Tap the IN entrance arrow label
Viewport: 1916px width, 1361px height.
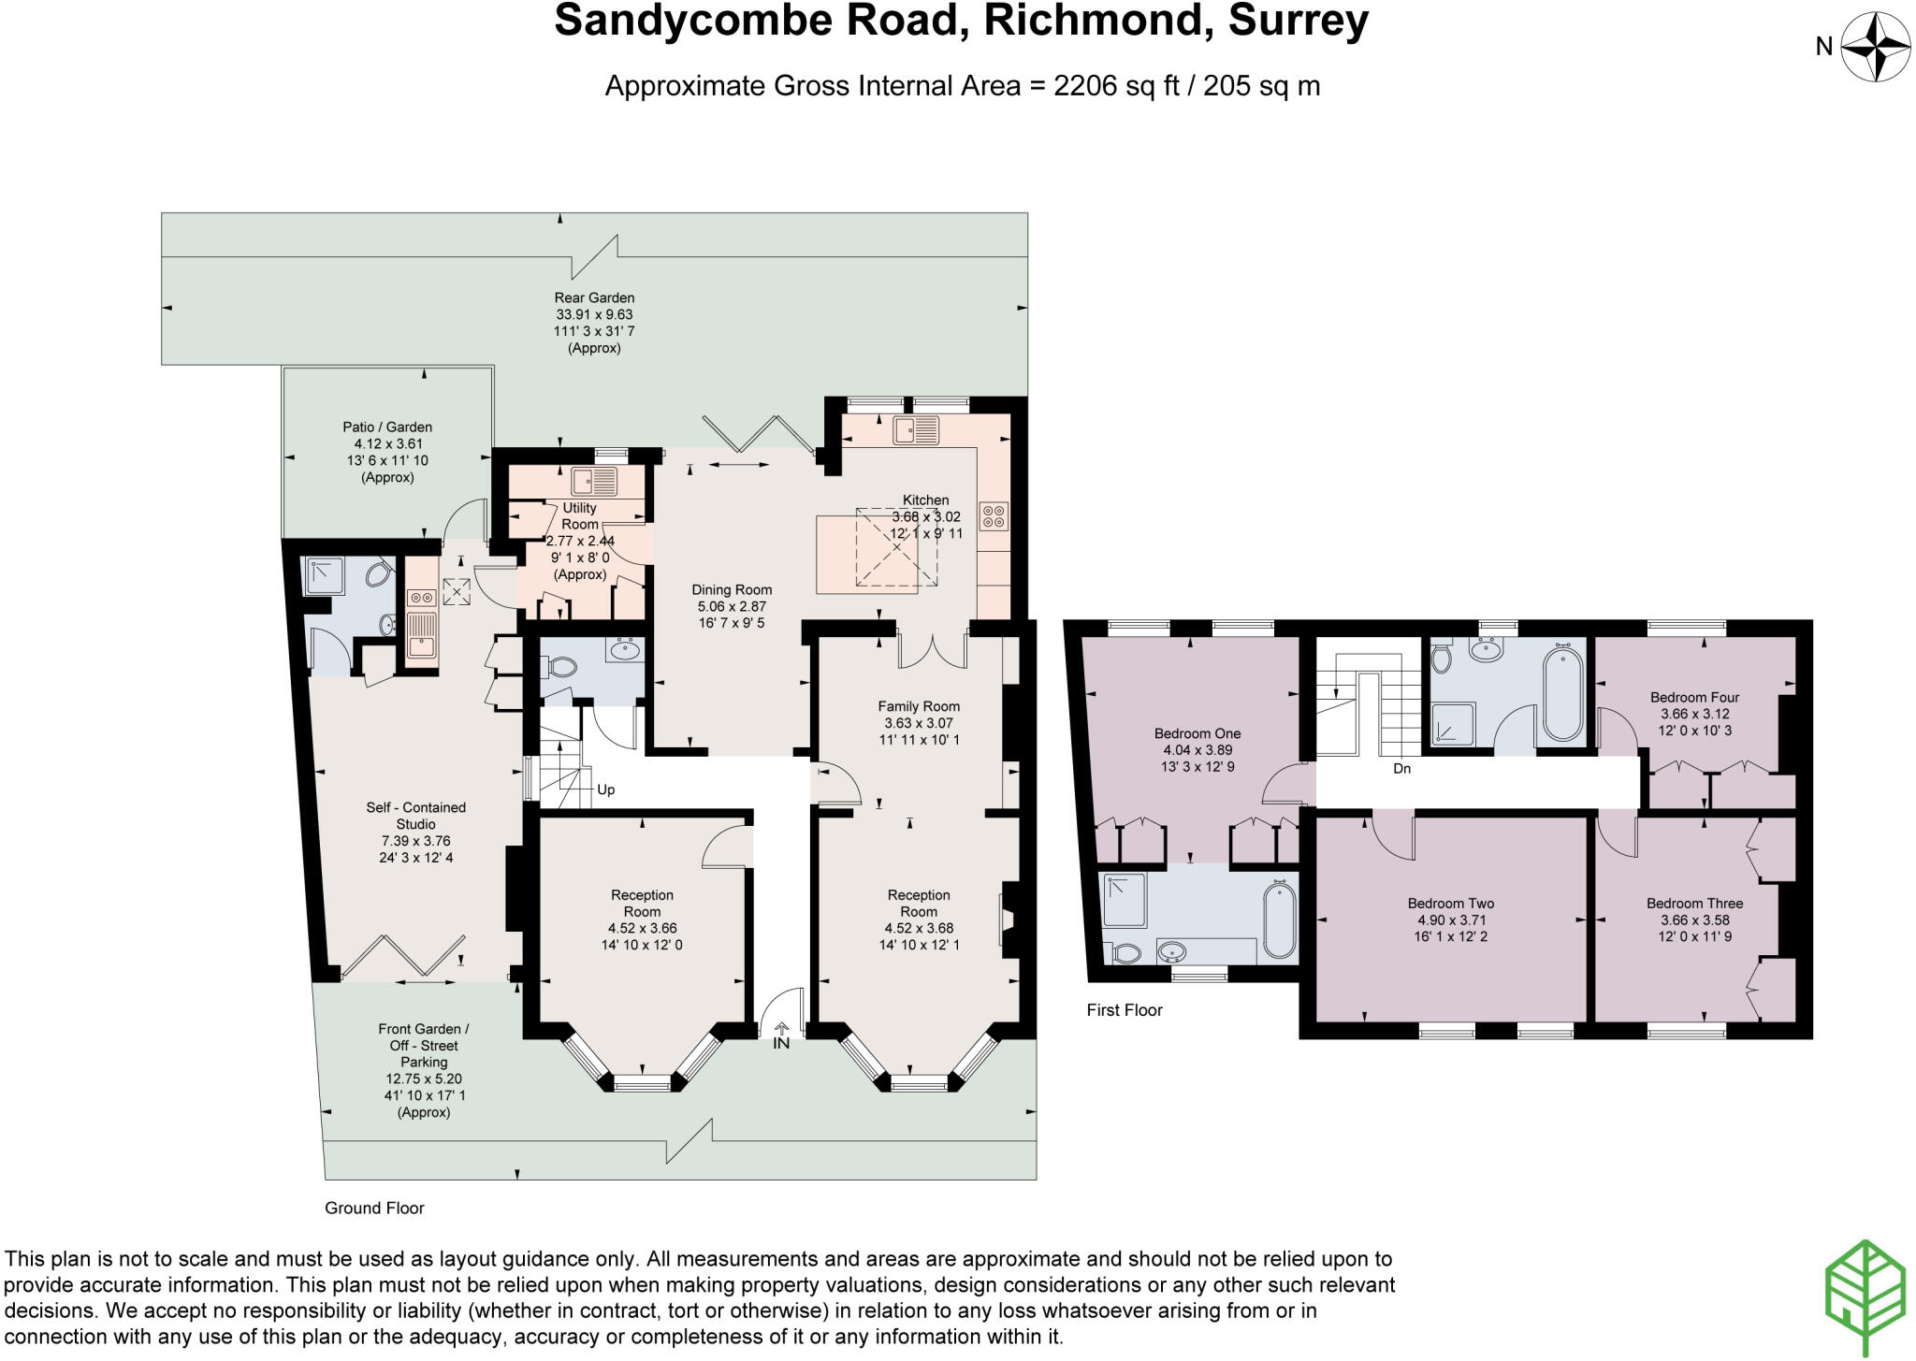tap(781, 1043)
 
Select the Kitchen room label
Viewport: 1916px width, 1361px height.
tap(925, 500)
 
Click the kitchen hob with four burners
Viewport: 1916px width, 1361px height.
tap(994, 516)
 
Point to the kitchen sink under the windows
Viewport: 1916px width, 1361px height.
tap(916, 431)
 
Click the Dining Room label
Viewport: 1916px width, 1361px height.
tap(732, 590)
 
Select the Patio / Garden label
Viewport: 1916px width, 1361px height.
tap(387, 427)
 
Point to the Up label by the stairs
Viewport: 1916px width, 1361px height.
tap(606, 789)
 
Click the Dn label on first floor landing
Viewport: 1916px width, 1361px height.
tap(1401, 769)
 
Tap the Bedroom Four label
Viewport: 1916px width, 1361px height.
tap(1694, 697)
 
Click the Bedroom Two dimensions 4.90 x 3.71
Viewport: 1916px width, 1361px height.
tap(1451, 920)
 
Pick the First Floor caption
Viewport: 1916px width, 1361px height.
tap(1124, 1010)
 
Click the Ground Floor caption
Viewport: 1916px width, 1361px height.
tap(374, 1208)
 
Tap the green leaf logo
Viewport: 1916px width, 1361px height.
tap(1865, 1298)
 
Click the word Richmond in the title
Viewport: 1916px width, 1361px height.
tap(1091, 21)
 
